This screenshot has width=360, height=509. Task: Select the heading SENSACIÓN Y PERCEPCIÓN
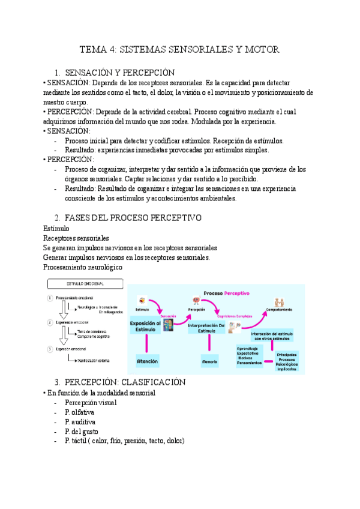coord(119,73)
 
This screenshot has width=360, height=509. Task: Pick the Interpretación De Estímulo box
coord(206,328)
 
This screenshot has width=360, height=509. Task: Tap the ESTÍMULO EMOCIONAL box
coord(83,283)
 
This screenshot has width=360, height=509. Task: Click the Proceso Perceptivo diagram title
coord(227,292)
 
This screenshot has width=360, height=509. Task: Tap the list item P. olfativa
coord(79,412)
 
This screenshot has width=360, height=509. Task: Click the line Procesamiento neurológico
coord(83,267)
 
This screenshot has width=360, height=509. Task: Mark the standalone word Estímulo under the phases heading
coord(56,229)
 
